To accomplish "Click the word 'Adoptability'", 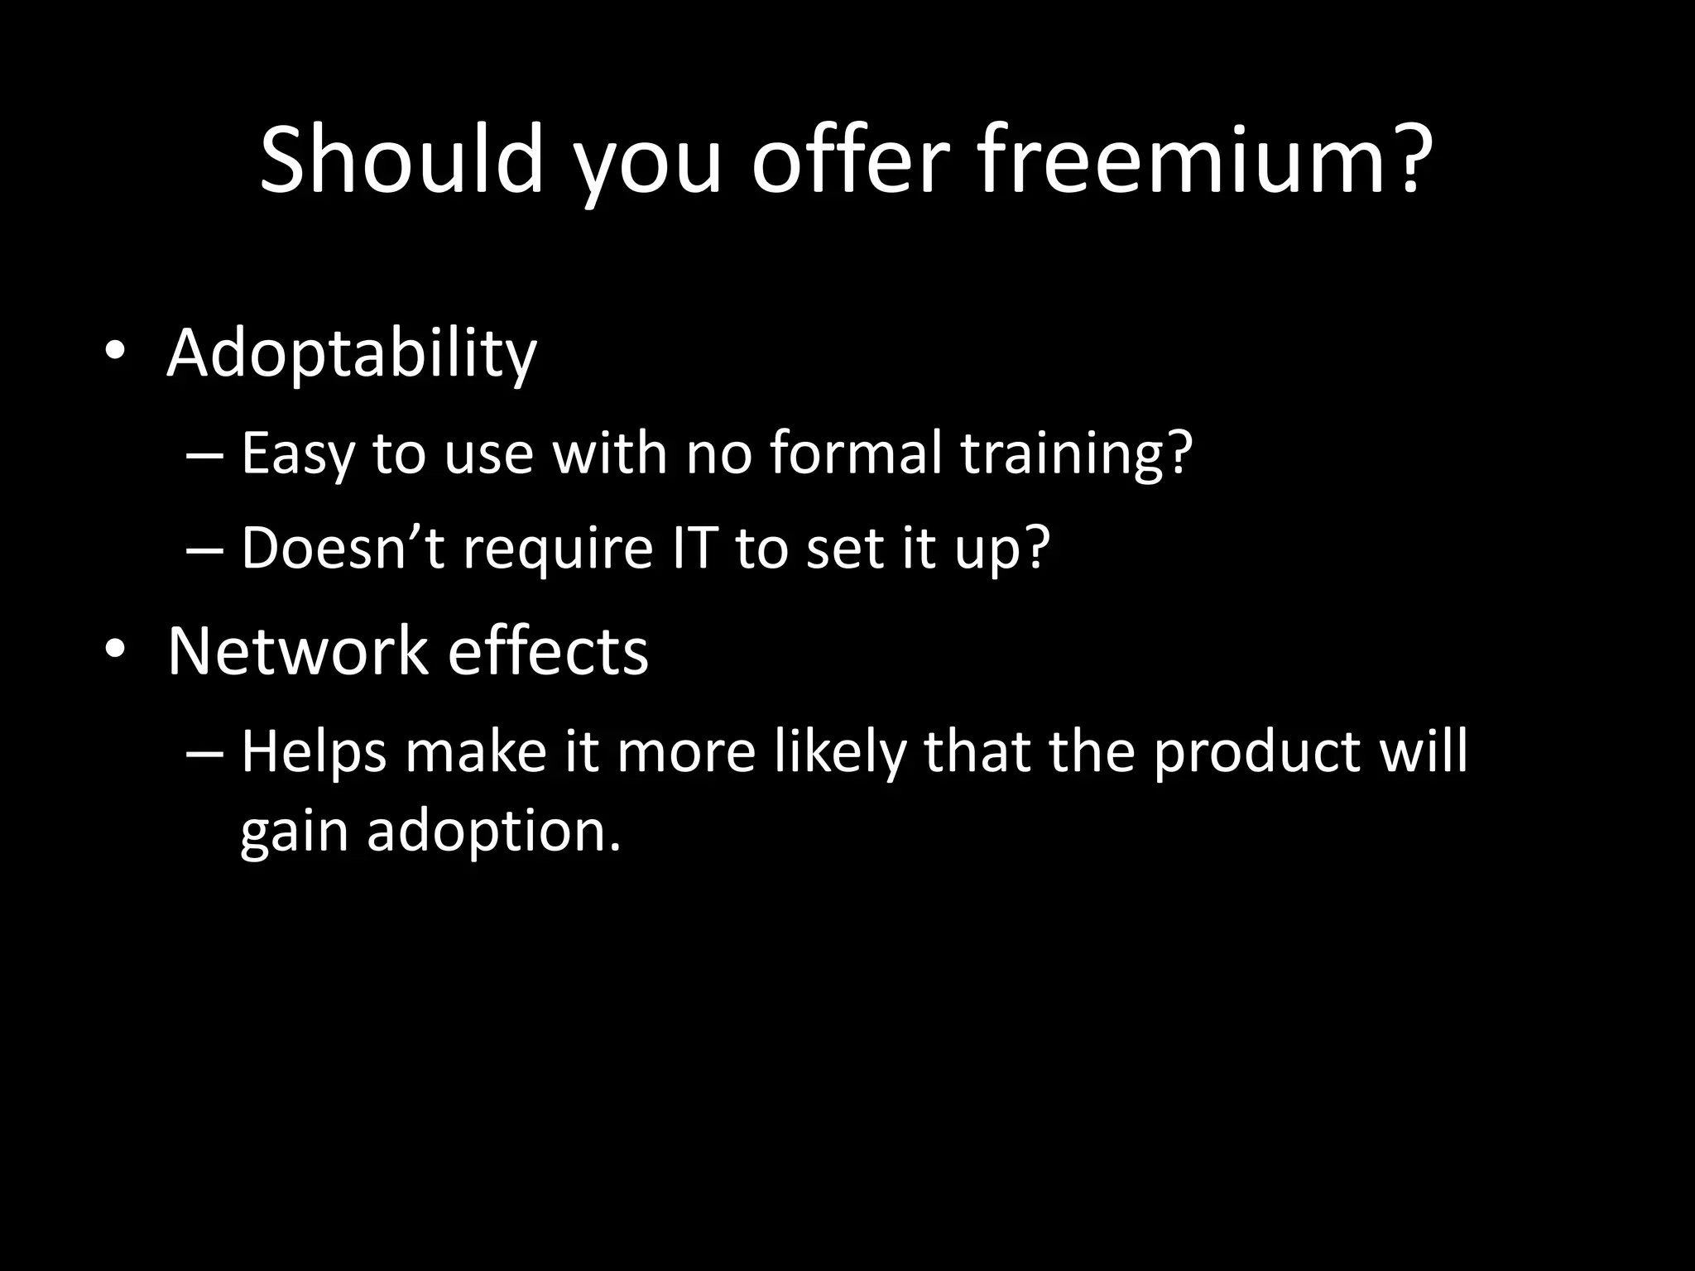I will (352, 354).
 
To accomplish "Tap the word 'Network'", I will (296, 651).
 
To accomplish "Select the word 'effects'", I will (548, 651).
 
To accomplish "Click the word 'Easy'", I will (295, 455).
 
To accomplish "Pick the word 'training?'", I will (1077, 455).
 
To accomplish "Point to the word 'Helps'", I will (314, 753).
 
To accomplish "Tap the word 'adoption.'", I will (493, 831).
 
